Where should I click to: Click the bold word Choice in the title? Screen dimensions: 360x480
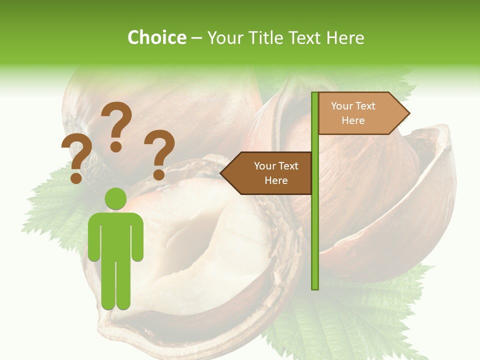click(156, 37)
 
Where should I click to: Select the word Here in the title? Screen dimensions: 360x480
click(345, 37)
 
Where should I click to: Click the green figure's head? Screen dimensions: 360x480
click(115, 199)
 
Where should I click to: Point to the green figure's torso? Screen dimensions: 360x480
click(115, 235)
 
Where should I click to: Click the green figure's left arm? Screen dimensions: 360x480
click(93, 237)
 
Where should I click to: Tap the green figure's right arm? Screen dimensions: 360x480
click(137, 237)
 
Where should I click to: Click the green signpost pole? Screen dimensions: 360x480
click(315, 225)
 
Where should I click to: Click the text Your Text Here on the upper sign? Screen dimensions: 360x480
click(353, 113)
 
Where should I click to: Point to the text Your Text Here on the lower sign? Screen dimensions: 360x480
click(276, 173)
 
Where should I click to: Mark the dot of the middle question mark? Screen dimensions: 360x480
click(116, 146)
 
